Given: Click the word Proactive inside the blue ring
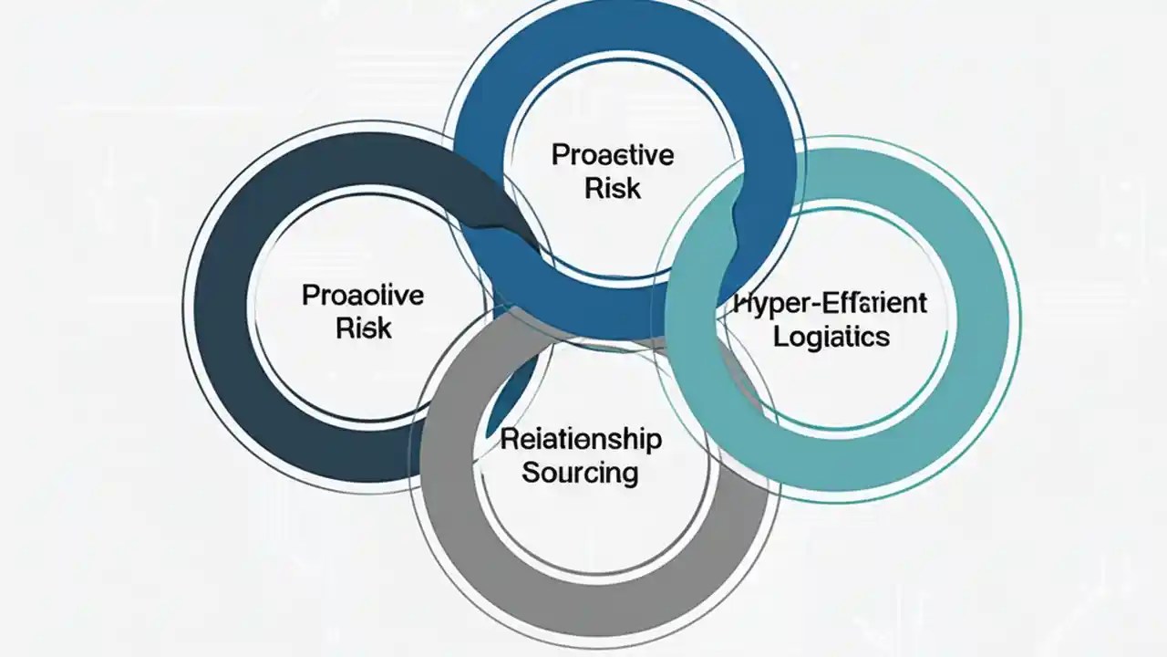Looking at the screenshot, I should pos(613,155).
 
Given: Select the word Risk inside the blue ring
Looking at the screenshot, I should pos(613,188).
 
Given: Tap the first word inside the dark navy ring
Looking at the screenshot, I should pos(362,296).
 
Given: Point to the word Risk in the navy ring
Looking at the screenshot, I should pos(364,328).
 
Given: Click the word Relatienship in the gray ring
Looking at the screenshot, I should pos(581,439).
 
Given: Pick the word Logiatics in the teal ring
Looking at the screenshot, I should pos(831,336).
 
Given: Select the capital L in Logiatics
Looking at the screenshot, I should pos(780,336).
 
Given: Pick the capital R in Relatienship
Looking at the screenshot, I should pos(509,439).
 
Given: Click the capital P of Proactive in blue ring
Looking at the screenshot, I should pos(559,155).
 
